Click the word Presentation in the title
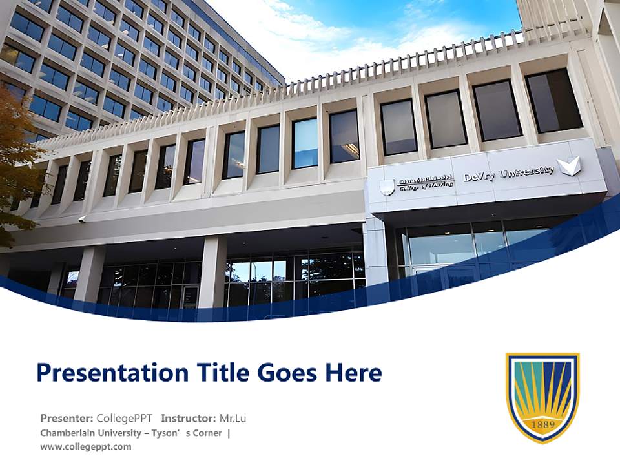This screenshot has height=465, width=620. [112, 373]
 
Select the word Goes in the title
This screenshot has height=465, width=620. [287, 373]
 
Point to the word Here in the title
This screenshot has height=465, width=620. [353, 373]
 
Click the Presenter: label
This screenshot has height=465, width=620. [67, 418]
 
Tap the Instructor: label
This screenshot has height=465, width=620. [189, 418]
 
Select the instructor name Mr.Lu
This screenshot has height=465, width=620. [232, 418]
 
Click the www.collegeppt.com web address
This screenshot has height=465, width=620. [86, 446]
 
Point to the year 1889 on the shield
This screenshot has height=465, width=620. [543, 424]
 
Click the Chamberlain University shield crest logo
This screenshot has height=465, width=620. [543, 398]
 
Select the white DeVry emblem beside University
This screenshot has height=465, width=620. [568, 166]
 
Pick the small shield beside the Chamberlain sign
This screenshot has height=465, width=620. [387, 187]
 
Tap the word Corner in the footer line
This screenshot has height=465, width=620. [207, 433]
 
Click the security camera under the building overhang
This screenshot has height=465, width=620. [82, 219]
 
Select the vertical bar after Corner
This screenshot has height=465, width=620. [229, 433]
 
